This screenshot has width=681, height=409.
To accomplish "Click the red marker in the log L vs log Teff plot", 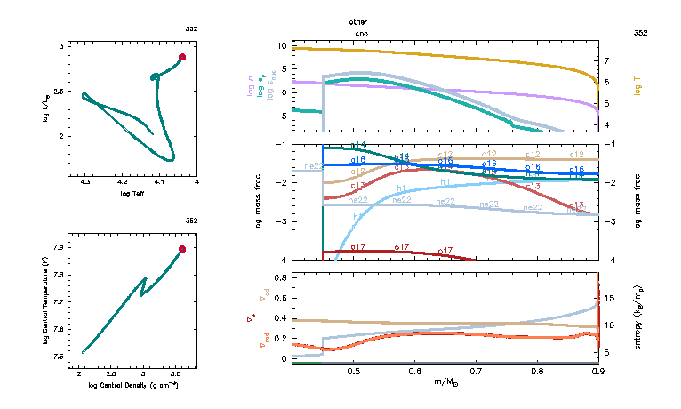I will [x=182, y=57].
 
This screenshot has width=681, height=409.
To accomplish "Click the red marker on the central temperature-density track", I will [x=182, y=249].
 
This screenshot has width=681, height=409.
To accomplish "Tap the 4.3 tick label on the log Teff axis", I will [x=85, y=182].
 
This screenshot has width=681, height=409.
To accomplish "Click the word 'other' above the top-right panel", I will [x=357, y=20].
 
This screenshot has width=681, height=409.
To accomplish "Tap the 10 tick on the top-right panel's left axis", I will [x=279, y=44].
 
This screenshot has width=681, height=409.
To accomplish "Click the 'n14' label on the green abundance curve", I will [x=358, y=144].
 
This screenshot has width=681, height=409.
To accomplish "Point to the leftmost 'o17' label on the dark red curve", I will [x=358, y=246].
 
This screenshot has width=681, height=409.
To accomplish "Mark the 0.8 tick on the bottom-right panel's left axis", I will [x=278, y=278].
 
